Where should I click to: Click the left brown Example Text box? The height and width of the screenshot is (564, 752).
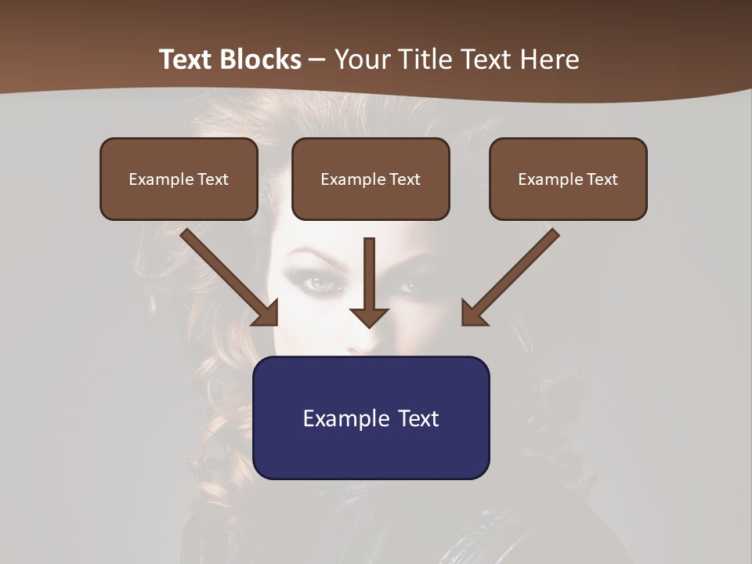coord(179,179)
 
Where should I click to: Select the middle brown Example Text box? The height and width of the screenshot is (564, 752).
coord(371,179)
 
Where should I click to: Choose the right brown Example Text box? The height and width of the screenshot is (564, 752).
coord(568,179)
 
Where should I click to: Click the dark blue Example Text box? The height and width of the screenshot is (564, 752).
coord(371,418)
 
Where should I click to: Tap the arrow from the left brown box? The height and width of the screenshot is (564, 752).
coord(227,275)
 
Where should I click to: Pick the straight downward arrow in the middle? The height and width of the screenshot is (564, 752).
coord(370,278)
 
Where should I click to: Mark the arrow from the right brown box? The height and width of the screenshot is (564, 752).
coord(513,275)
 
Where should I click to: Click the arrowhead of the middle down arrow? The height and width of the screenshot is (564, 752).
coord(370,316)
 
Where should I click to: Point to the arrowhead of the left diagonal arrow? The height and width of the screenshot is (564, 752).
coord(266,313)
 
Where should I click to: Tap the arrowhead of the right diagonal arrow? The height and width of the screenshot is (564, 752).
coord(474,313)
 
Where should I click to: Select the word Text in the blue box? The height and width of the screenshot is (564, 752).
coord(418,418)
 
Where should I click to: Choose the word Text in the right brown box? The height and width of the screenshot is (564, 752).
coord(602,179)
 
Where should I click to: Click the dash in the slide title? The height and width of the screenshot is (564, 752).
coord(317,60)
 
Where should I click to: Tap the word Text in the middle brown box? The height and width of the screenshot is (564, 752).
coord(404,179)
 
